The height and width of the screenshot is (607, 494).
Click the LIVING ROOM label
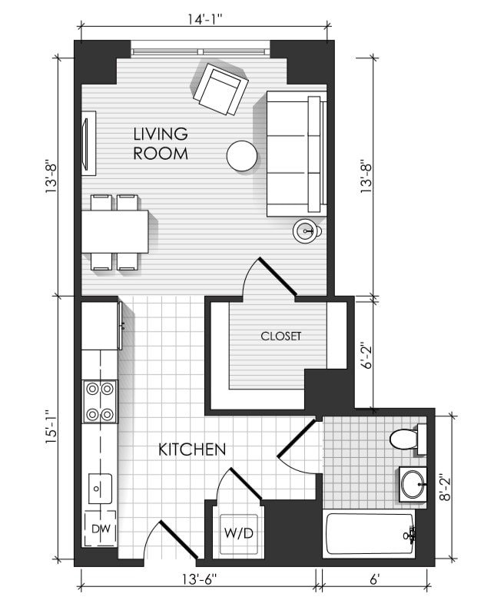point(161,144)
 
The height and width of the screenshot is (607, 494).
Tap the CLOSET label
point(280,336)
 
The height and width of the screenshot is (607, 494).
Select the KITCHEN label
point(192,449)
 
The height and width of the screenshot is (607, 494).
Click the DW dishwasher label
point(101,529)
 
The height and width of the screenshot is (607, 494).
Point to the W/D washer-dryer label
point(238,533)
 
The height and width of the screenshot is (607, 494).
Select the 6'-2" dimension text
point(366,356)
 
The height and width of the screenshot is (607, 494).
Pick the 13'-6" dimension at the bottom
point(200,579)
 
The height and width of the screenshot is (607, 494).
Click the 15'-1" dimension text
point(51,427)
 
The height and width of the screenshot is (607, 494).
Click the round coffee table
point(242,156)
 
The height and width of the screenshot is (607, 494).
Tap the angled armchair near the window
point(220,89)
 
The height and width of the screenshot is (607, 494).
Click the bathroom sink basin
point(413,484)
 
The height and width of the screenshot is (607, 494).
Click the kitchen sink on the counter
point(100,489)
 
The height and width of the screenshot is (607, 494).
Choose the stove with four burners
point(100,401)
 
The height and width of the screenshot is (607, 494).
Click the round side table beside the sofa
point(307,231)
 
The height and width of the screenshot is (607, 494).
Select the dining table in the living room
point(115,231)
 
